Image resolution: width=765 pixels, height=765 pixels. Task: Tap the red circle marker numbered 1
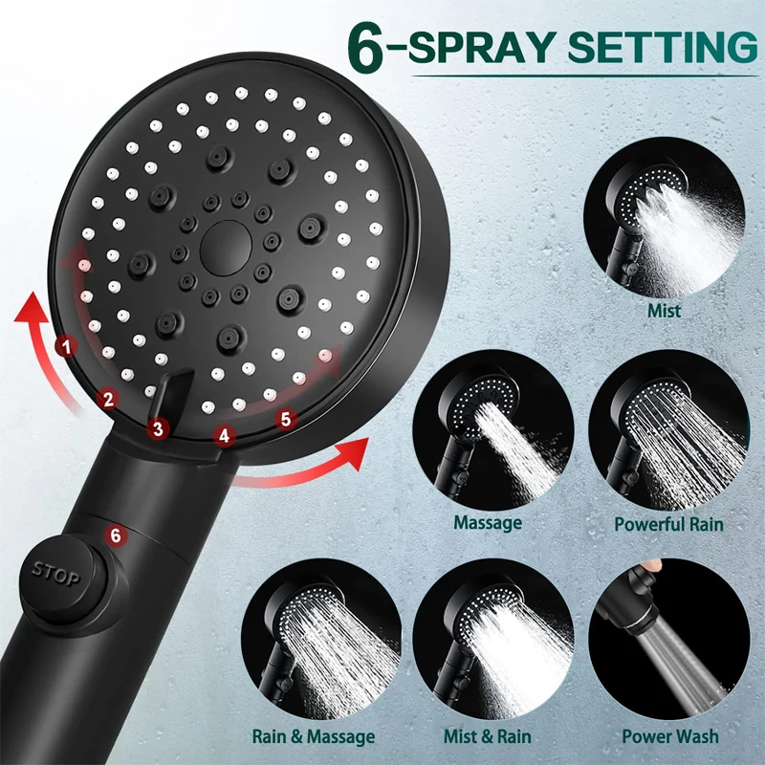(65, 346)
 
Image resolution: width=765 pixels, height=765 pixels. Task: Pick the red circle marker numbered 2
(108, 400)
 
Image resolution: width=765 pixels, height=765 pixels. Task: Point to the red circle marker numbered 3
(160, 429)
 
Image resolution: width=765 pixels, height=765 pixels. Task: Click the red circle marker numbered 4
(224, 435)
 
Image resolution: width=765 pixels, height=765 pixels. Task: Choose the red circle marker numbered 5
(283, 418)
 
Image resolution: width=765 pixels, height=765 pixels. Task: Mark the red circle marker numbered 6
(116, 535)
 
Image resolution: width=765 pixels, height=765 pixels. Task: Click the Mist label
(664, 311)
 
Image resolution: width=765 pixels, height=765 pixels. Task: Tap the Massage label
(488, 523)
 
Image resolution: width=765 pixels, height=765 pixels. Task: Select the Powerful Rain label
(668, 524)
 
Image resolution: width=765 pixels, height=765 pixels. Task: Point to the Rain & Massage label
(314, 736)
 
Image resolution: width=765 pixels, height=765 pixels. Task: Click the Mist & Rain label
(489, 736)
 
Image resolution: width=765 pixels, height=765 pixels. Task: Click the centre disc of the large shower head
(225, 246)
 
